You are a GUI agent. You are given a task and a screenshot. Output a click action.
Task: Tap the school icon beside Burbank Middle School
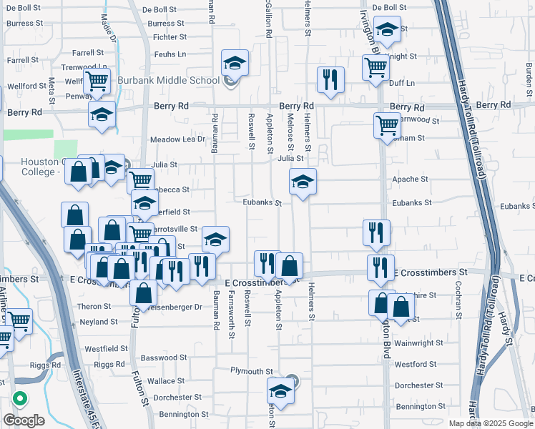coord(234,63)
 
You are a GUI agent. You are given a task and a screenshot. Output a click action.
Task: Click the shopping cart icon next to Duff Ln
coord(376,68)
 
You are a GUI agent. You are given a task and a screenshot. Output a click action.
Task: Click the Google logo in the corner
coord(24,420)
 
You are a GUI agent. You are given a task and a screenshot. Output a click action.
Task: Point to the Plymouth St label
coord(252,371)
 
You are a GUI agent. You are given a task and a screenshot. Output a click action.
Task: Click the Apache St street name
coord(411,179)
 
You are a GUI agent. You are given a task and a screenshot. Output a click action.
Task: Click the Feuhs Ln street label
coord(170,54)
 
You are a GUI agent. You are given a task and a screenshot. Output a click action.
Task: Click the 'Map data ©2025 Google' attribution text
coord(490,423)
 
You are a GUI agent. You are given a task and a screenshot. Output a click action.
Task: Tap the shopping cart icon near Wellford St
coord(97,82)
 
